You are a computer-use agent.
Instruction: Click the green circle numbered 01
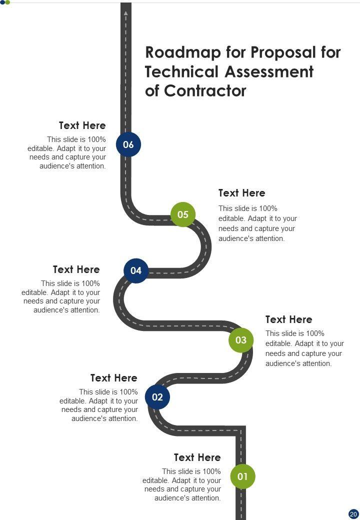click(x=242, y=476)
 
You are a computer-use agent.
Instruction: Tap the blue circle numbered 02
click(x=157, y=397)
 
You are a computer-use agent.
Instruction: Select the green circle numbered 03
click(x=241, y=340)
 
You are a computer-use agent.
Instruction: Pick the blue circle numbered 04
click(x=136, y=270)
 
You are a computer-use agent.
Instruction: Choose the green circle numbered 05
click(x=183, y=214)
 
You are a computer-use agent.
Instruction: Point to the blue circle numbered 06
click(x=128, y=144)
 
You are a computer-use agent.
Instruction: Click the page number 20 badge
click(x=353, y=513)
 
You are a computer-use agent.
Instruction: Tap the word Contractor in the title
click(x=205, y=91)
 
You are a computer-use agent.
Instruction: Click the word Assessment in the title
click(x=269, y=72)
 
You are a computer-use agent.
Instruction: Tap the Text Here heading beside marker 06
click(x=82, y=125)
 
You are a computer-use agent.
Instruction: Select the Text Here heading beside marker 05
click(x=242, y=193)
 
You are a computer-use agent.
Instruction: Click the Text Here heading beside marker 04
click(x=76, y=269)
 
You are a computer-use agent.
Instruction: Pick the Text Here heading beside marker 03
click(x=288, y=319)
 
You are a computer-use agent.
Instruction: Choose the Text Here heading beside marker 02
click(x=114, y=378)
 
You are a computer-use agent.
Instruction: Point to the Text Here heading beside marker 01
click(x=197, y=457)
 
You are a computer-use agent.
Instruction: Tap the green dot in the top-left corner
click(x=7, y=2)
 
